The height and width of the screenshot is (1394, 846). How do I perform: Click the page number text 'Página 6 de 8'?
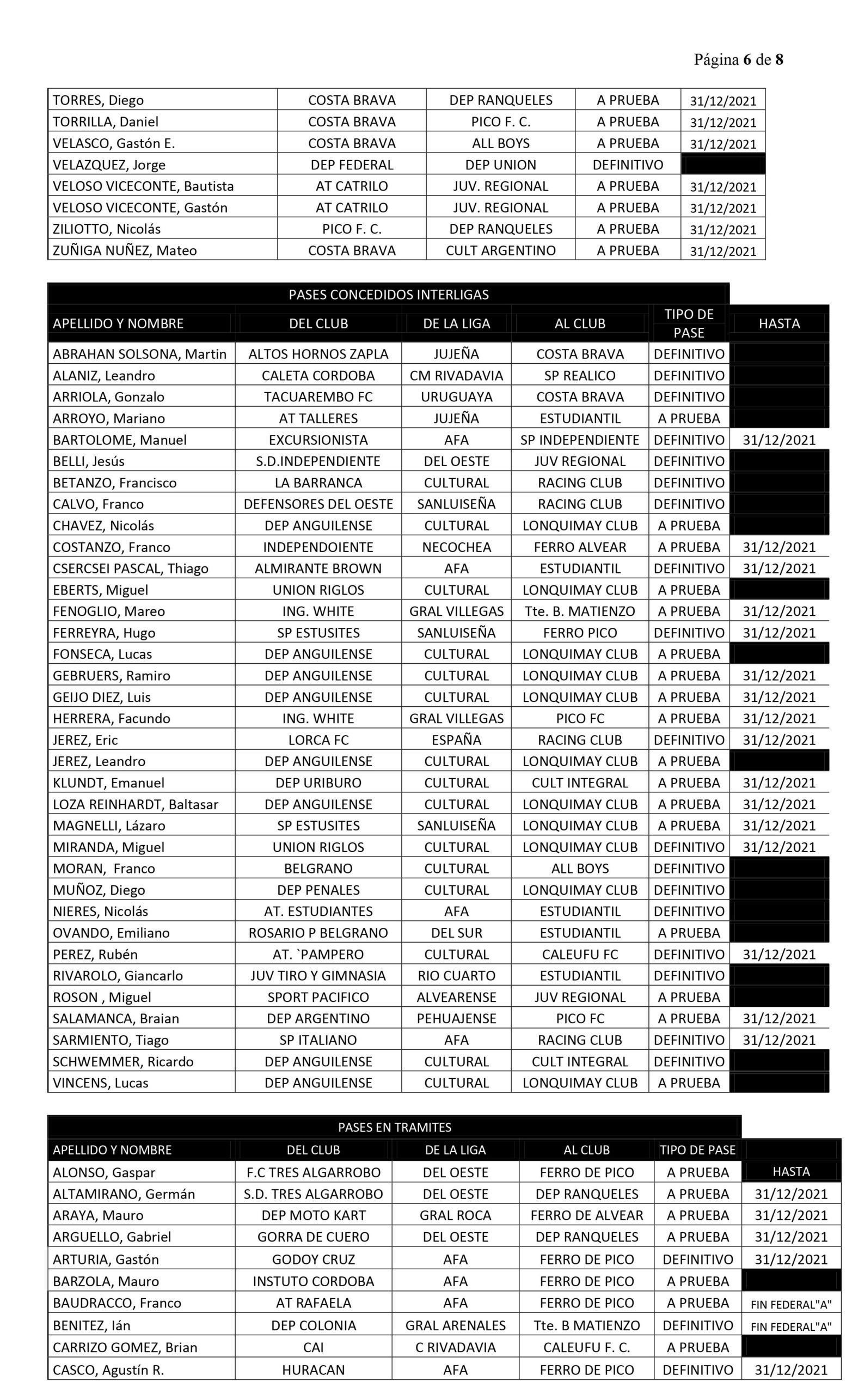coord(738,59)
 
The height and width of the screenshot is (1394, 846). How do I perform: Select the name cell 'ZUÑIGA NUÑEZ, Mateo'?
coord(125,250)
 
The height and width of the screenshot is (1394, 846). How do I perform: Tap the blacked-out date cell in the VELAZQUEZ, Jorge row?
coord(723,164)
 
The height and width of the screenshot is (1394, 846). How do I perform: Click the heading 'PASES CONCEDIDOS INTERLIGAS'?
coord(389,294)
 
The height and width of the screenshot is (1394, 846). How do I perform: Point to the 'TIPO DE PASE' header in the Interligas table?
coord(688,323)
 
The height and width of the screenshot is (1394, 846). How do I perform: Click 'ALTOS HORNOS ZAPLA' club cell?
coord(318,353)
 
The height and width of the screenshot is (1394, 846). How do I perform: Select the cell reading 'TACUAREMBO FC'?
coord(318,396)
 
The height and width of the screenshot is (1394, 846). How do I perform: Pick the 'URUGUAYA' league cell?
coord(456,396)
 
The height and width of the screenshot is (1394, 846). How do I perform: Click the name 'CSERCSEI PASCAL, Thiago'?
coord(131,568)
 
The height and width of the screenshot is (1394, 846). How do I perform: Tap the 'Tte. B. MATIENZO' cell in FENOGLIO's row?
coord(580,611)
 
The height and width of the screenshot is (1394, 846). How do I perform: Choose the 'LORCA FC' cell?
coord(318,739)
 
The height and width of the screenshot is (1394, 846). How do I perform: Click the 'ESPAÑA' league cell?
coord(456,739)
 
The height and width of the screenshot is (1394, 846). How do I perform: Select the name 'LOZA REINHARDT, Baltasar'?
coord(135,804)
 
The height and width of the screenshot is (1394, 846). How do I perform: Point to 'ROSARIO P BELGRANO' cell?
coord(318,932)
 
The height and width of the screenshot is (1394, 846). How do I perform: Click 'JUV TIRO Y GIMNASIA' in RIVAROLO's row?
coord(318,975)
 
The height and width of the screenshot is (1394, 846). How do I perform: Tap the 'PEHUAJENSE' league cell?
coord(456,1018)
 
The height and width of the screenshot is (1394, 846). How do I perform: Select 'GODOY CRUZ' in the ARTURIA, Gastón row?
coord(313,1259)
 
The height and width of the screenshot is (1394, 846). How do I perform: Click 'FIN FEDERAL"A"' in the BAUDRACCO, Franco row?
coord(790,1303)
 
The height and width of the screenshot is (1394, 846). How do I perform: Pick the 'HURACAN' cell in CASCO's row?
coord(313,1369)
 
